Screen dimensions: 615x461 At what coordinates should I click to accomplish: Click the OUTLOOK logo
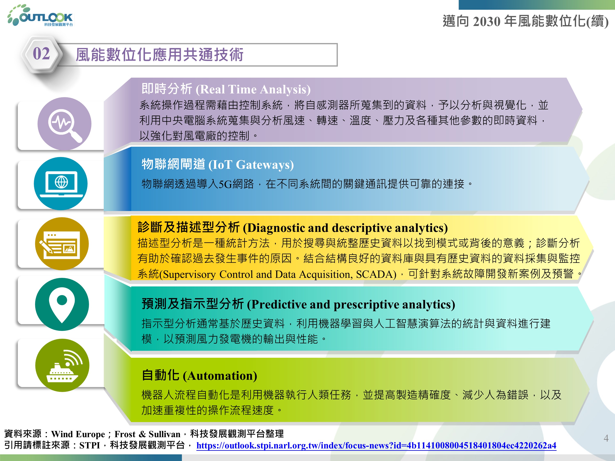pos(40,16)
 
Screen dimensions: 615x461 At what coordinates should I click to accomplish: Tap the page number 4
pos(606,438)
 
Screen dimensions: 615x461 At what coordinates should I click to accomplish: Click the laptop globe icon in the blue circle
pos(61,184)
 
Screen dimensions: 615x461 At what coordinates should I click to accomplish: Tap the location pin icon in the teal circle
pos(62,304)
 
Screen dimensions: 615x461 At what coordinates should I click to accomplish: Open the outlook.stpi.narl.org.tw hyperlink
pos(376,445)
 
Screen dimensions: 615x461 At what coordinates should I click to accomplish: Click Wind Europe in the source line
pos(78,434)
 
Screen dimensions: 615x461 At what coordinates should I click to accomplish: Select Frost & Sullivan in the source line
pos(147,434)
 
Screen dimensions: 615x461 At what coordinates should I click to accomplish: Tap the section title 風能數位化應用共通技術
pos(159,55)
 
